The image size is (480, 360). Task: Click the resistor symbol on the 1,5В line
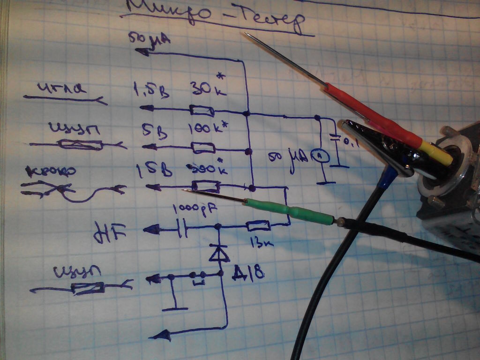202,111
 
